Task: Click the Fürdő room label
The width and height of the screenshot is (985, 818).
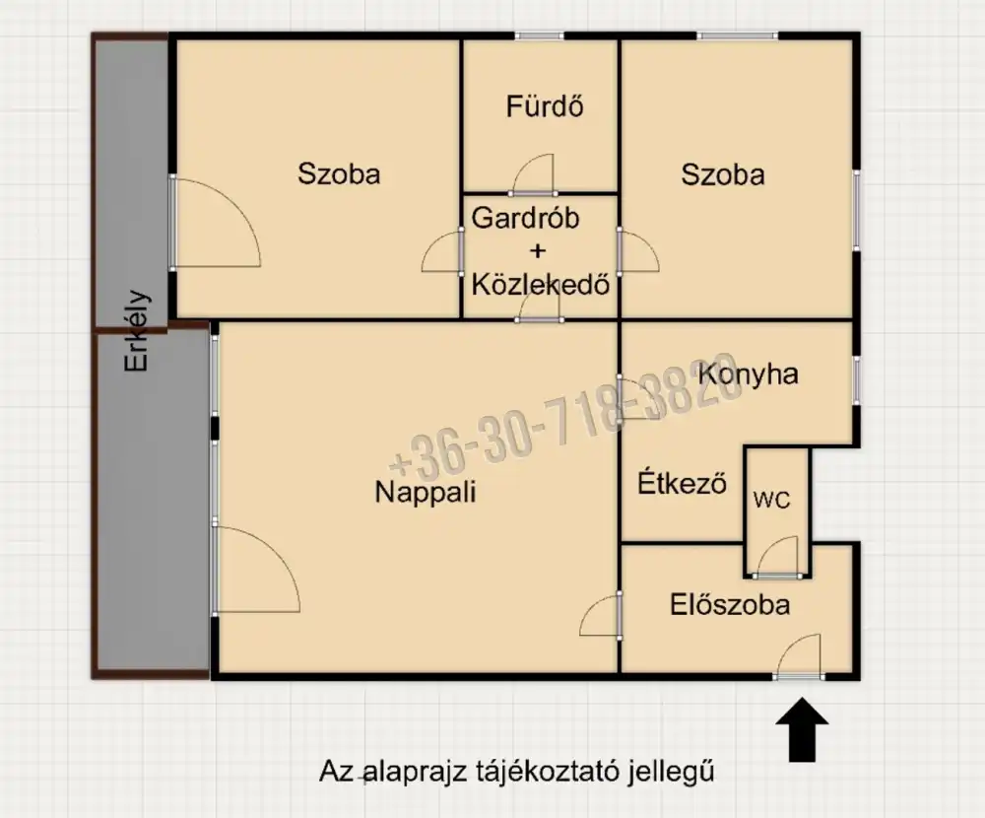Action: [545, 105]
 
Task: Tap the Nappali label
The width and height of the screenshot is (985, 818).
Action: [426, 491]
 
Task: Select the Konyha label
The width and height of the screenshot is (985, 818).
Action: [749, 374]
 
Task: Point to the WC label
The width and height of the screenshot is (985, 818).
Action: [772, 500]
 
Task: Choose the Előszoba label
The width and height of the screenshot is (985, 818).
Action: [730, 603]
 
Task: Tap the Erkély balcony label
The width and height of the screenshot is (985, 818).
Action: [137, 330]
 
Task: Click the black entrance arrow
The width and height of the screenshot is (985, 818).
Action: [802, 728]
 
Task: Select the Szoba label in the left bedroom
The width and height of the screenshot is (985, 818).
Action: [339, 174]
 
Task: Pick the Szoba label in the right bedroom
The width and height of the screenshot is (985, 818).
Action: [723, 174]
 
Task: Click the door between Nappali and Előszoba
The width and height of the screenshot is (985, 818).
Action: [602, 616]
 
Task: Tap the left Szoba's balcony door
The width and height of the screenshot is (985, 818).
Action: [215, 223]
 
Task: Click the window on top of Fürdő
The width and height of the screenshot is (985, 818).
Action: [540, 36]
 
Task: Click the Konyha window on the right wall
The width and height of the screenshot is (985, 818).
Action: [855, 378]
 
